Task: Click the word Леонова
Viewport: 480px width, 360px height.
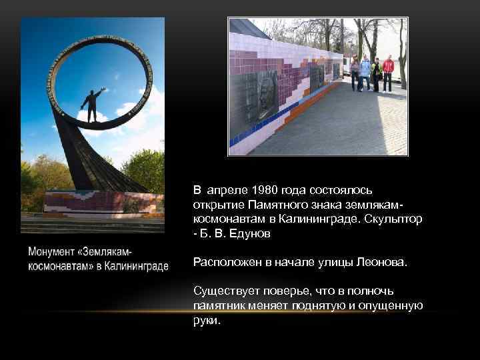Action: pyautogui.click(x=379, y=263)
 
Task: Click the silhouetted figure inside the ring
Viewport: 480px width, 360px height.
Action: pyautogui.click(x=92, y=105)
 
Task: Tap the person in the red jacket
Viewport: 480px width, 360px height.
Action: pyautogui.click(x=387, y=72)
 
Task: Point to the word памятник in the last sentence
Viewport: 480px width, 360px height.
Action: pyautogui.click(x=219, y=305)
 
